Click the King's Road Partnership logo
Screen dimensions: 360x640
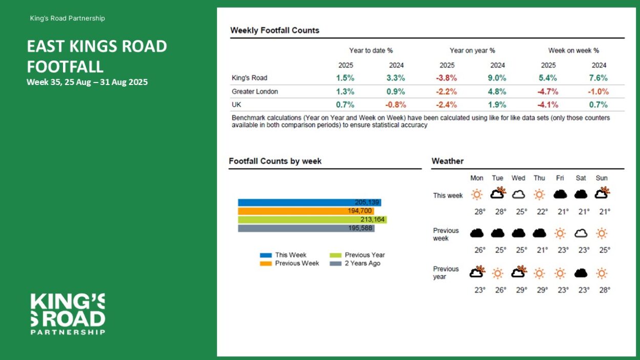68,314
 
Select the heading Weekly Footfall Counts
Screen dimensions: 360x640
274,30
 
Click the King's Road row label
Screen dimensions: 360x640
249,78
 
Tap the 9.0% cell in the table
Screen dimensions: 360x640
497,78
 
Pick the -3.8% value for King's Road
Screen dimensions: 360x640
446,78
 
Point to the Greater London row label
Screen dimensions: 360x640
254,92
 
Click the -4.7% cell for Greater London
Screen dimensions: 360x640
548,92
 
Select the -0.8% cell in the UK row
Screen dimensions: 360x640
396,105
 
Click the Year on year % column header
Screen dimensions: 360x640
472,51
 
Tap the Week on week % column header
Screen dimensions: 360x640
573,51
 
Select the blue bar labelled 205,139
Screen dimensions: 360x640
309,202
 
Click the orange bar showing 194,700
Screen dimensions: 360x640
306,211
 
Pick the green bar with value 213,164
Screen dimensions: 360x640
312,220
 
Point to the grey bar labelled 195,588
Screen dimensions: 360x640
306,228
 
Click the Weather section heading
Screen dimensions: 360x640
447,161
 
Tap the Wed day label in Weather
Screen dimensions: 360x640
518,178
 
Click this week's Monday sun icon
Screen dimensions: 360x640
477,195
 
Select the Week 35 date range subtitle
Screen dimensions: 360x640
87,82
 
